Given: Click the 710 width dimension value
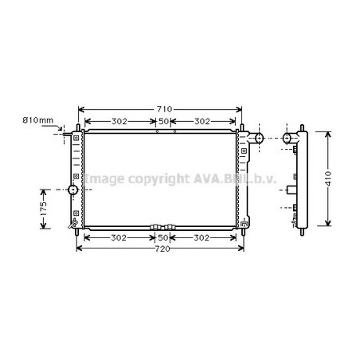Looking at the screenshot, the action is click(x=164, y=109).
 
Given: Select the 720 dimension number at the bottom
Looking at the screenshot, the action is click(x=162, y=248).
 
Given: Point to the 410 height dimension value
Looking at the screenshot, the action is click(x=328, y=178).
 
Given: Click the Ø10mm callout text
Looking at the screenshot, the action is click(x=38, y=120).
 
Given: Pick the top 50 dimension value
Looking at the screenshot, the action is click(x=163, y=122).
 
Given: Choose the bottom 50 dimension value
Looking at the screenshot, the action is click(x=163, y=238).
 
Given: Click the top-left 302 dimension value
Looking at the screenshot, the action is click(x=119, y=122).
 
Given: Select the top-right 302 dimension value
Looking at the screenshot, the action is click(x=202, y=122).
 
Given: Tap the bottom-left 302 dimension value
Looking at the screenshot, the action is click(x=119, y=238).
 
